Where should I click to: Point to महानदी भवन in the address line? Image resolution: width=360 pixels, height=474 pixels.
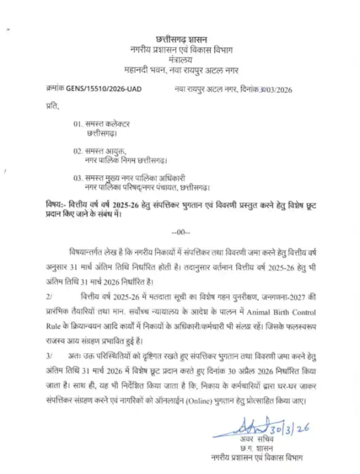[138, 72]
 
